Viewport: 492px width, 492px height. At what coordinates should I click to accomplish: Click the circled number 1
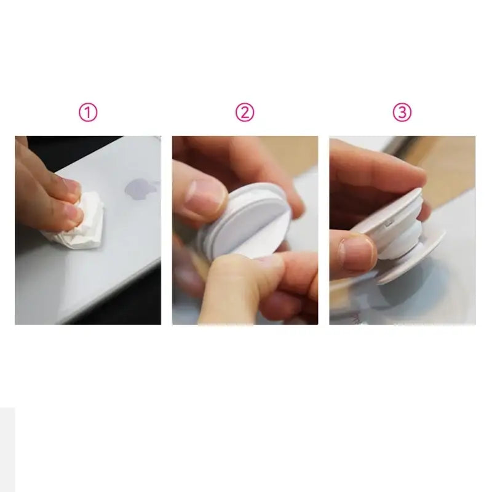coord(88,113)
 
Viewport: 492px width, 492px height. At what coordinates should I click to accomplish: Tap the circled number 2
coord(245,113)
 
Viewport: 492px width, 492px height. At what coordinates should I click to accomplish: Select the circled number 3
coord(402,113)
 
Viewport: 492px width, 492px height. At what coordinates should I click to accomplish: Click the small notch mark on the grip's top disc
coord(389,223)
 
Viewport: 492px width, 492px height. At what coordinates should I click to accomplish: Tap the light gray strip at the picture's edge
coord(7,450)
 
